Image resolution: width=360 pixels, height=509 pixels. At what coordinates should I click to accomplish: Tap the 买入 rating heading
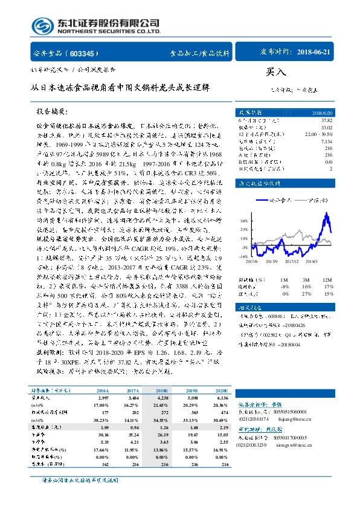(275, 71)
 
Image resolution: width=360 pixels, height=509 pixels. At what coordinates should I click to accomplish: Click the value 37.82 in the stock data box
(327, 119)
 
